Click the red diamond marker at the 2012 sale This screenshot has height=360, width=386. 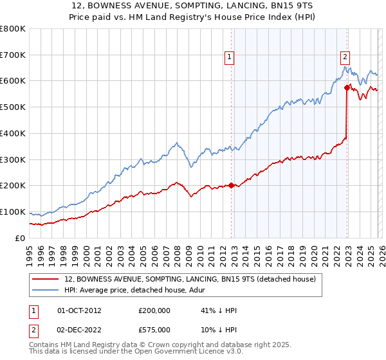[x=231, y=186]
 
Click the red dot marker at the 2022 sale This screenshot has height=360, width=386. [x=347, y=87]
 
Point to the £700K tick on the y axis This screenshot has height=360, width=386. [x=14, y=55]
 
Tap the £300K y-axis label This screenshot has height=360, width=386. [x=14, y=159]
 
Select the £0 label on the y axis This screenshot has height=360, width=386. [x=21, y=238]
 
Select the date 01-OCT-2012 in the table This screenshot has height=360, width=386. [x=80, y=310]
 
